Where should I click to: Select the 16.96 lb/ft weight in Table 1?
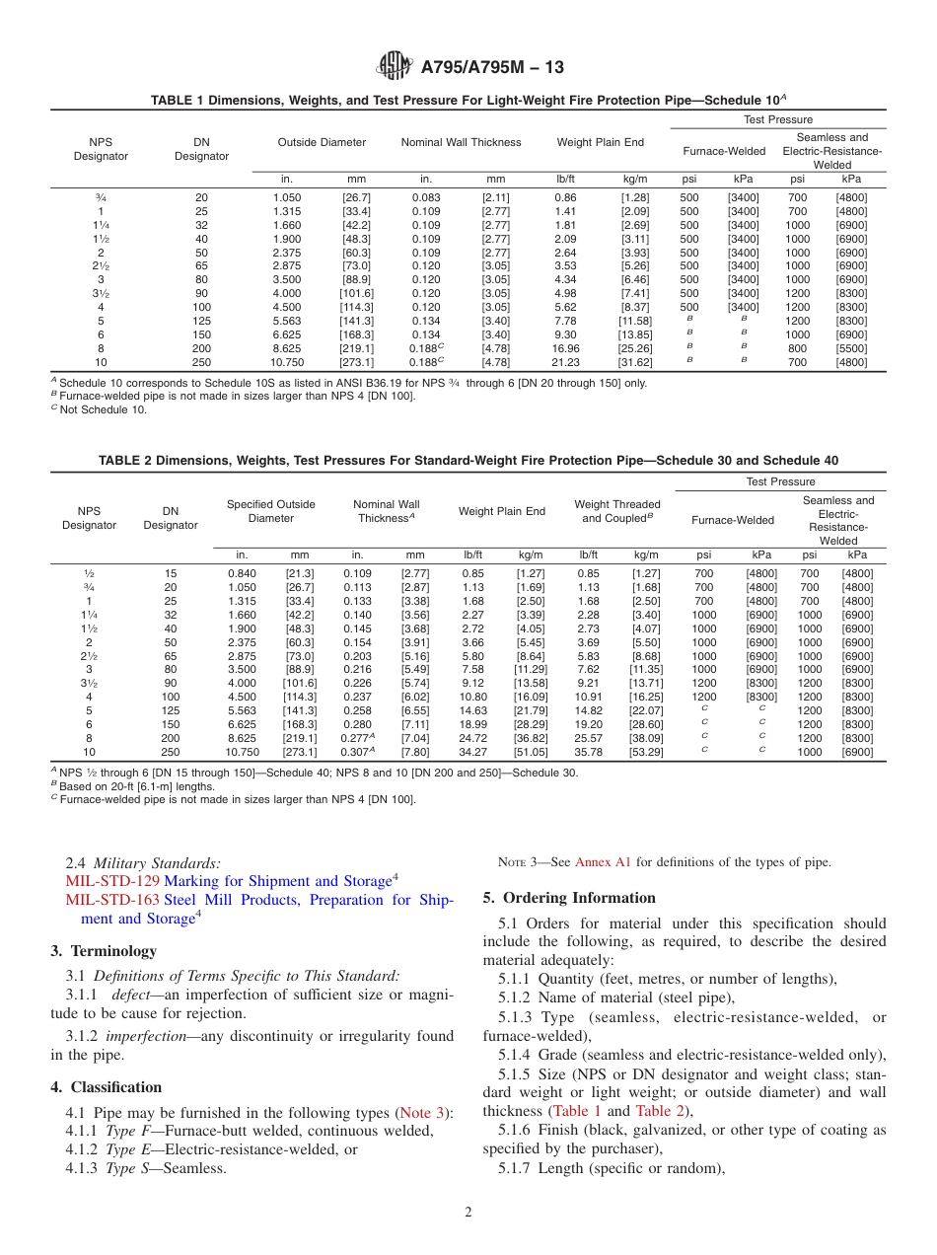(x=566, y=348)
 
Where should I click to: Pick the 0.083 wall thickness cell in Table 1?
(x=426, y=197)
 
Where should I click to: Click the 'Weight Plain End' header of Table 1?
(x=600, y=142)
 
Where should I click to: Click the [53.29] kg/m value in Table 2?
(x=647, y=752)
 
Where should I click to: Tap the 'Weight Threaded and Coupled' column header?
(x=616, y=511)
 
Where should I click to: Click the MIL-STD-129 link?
(x=111, y=881)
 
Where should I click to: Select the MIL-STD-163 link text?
(x=111, y=900)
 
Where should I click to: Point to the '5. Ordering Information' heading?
(x=569, y=898)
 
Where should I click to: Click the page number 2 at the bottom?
(x=468, y=1213)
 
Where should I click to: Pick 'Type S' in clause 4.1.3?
(x=127, y=1168)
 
